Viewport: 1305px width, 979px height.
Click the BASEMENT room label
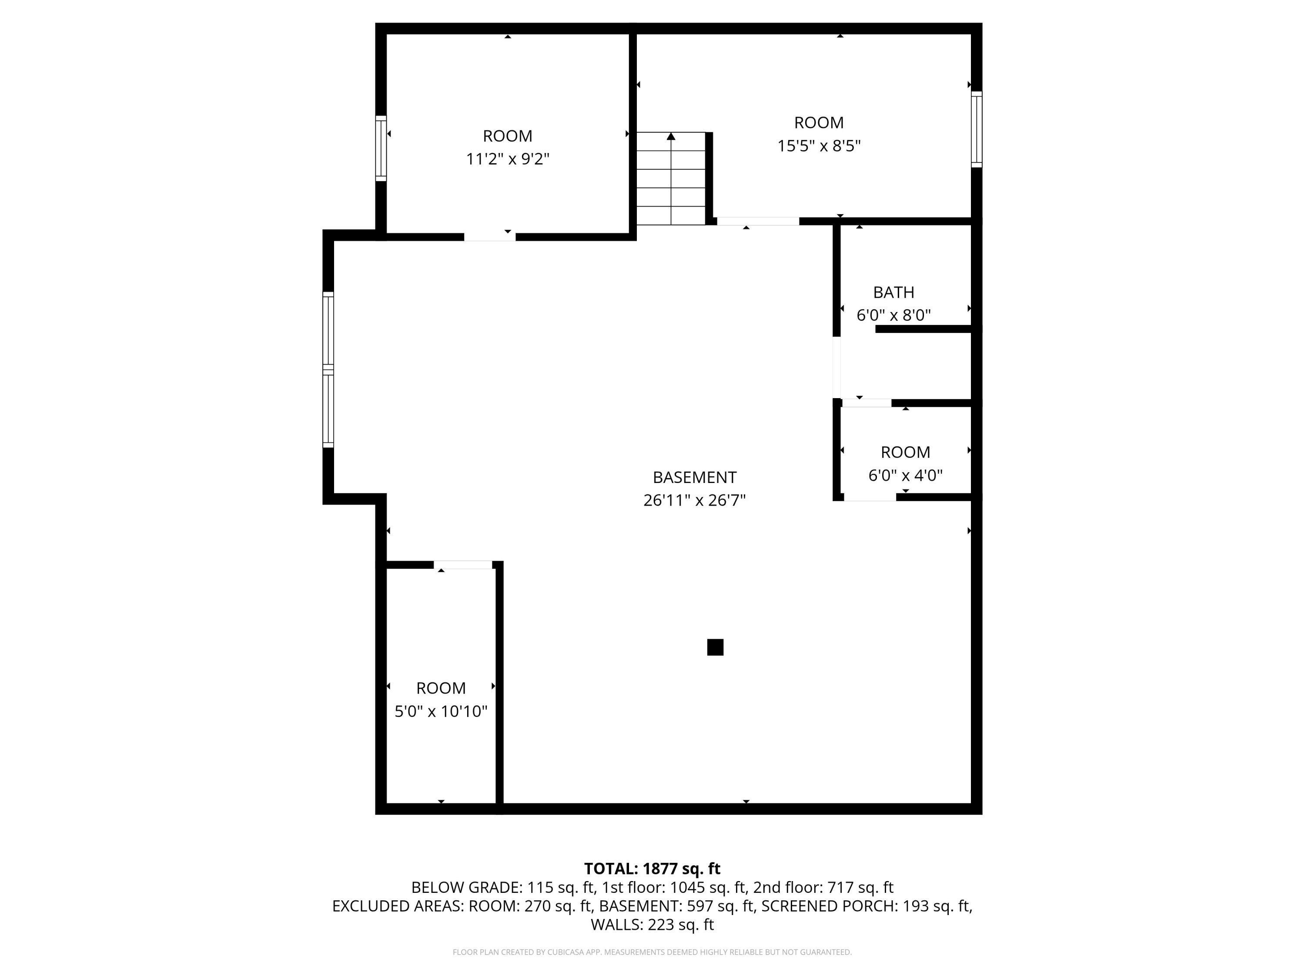[694, 477]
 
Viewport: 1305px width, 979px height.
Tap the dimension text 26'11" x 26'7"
[694, 500]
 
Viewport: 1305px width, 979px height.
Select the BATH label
[893, 292]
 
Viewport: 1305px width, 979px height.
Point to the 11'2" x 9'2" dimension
[507, 159]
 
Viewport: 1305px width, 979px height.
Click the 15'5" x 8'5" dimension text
[818, 146]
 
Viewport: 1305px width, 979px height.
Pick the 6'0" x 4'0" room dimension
[905, 475]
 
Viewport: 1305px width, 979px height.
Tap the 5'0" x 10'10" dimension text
[441, 711]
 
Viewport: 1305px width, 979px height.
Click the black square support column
[715, 647]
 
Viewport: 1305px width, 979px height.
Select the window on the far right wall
[977, 129]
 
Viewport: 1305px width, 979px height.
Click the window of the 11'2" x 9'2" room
[381, 148]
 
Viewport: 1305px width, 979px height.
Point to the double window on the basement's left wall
[328, 369]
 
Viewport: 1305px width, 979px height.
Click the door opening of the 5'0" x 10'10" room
[464, 565]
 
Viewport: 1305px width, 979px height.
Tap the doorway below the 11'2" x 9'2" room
[490, 237]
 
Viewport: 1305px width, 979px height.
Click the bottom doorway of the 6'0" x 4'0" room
[870, 497]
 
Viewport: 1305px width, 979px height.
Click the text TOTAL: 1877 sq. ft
[652, 868]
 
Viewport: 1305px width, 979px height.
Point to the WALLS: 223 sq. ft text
[652, 925]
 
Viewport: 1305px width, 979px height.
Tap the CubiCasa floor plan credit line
[652, 952]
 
